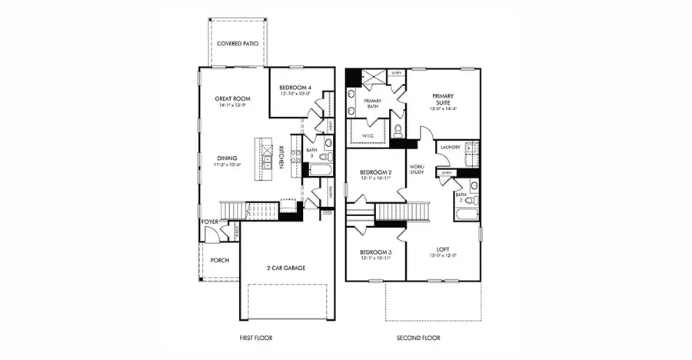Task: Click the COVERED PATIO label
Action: click(x=237, y=44)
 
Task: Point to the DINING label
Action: click(x=227, y=158)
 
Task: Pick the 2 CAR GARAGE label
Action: click(x=285, y=268)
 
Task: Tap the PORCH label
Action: click(x=220, y=260)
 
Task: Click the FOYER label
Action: click(x=210, y=222)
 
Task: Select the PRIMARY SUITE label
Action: click(x=443, y=100)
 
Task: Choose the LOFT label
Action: click(x=443, y=249)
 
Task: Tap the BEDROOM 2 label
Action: click(x=376, y=172)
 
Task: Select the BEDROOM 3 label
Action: click(x=376, y=252)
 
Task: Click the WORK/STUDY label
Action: click(x=417, y=169)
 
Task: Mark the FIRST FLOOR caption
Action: click(x=256, y=338)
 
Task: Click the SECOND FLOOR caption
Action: click(x=418, y=338)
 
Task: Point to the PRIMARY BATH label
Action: click(x=372, y=104)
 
